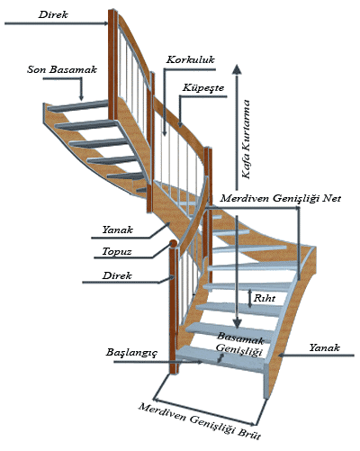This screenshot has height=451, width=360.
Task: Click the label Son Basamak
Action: coord(62,69)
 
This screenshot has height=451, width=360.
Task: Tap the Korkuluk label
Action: coord(191,59)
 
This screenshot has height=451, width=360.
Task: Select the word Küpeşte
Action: coord(203,87)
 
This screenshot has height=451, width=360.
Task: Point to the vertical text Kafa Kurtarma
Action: coord(246,140)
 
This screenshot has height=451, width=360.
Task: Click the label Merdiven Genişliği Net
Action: coord(281,198)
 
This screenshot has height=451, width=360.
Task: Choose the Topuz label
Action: coord(117,251)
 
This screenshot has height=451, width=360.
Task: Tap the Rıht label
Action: coord(265,298)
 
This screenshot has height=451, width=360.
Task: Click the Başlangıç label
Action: coord(131,352)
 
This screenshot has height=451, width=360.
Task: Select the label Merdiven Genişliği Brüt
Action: coord(200,421)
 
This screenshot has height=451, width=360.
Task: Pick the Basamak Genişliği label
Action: coord(240,344)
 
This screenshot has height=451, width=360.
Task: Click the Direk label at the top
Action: coord(53,14)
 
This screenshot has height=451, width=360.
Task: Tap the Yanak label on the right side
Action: coord(324,347)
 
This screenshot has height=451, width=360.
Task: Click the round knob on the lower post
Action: coord(173,244)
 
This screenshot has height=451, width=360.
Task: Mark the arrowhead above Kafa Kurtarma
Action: coord(238,69)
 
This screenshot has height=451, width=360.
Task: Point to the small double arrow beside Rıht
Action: coord(250,298)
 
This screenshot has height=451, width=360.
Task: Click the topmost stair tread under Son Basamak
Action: coord(78,106)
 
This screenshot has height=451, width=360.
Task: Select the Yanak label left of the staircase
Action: coord(117,230)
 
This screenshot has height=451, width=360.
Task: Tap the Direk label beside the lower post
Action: coord(117,275)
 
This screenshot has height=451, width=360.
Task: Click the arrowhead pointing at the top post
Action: coord(105,23)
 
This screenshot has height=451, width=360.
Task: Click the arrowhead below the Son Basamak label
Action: coord(81,97)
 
